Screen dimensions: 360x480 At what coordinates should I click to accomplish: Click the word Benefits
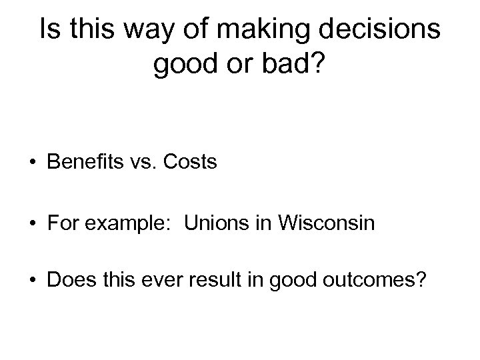pyautogui.click(x=89, y=162)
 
